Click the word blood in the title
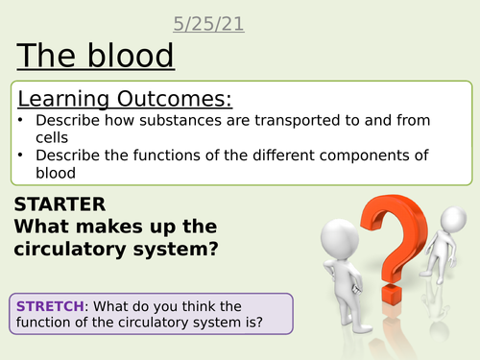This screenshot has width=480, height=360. tap(128, 57)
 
